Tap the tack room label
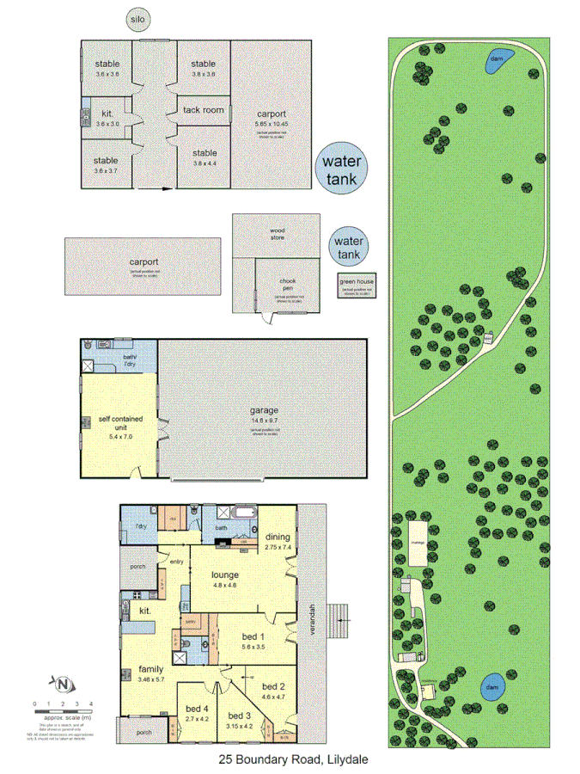click(x=204, y=110)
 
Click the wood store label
click(x=277, y=232)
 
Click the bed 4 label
click(x=197, y=709)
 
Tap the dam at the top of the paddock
click(x=496, y=58)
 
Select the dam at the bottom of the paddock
click(x=491, y=688)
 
